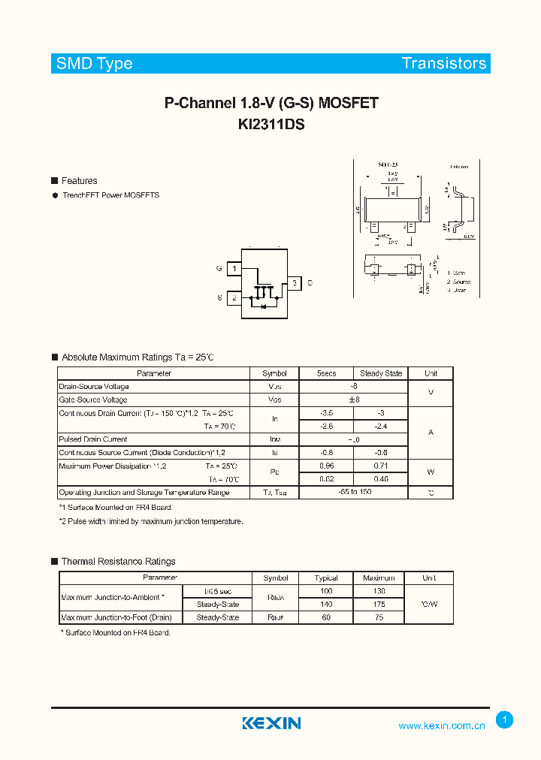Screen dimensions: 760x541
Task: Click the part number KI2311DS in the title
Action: (270, 125)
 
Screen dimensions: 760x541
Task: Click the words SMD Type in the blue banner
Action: (94, 64)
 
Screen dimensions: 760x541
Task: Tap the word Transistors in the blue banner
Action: (443, 64)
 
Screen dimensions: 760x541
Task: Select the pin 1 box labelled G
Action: (234, 268)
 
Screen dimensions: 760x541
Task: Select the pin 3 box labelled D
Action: (295, 283)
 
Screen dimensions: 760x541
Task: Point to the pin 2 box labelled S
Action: (234, 298)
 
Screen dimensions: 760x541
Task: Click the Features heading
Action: (79, 181)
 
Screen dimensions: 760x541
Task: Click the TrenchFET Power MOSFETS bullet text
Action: (110, 195)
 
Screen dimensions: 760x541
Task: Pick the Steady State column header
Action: (381, 373)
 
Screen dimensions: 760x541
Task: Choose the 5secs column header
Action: (326, 373)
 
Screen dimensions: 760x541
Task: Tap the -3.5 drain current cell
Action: (326, 413)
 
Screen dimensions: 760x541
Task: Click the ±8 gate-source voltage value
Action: (354, 400)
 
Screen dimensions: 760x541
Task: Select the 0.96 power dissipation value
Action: (326, 466)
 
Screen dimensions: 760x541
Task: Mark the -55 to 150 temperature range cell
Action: (354, 492)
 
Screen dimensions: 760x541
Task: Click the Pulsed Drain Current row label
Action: (93, 439)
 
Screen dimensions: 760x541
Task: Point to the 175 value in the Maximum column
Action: (379, 604)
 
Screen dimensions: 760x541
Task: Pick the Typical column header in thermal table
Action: (326, 578)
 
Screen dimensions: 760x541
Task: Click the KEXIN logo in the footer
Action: (271, 723)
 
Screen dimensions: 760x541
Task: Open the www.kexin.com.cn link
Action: (442, 725)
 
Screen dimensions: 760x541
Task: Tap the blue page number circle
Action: (505, 719)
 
